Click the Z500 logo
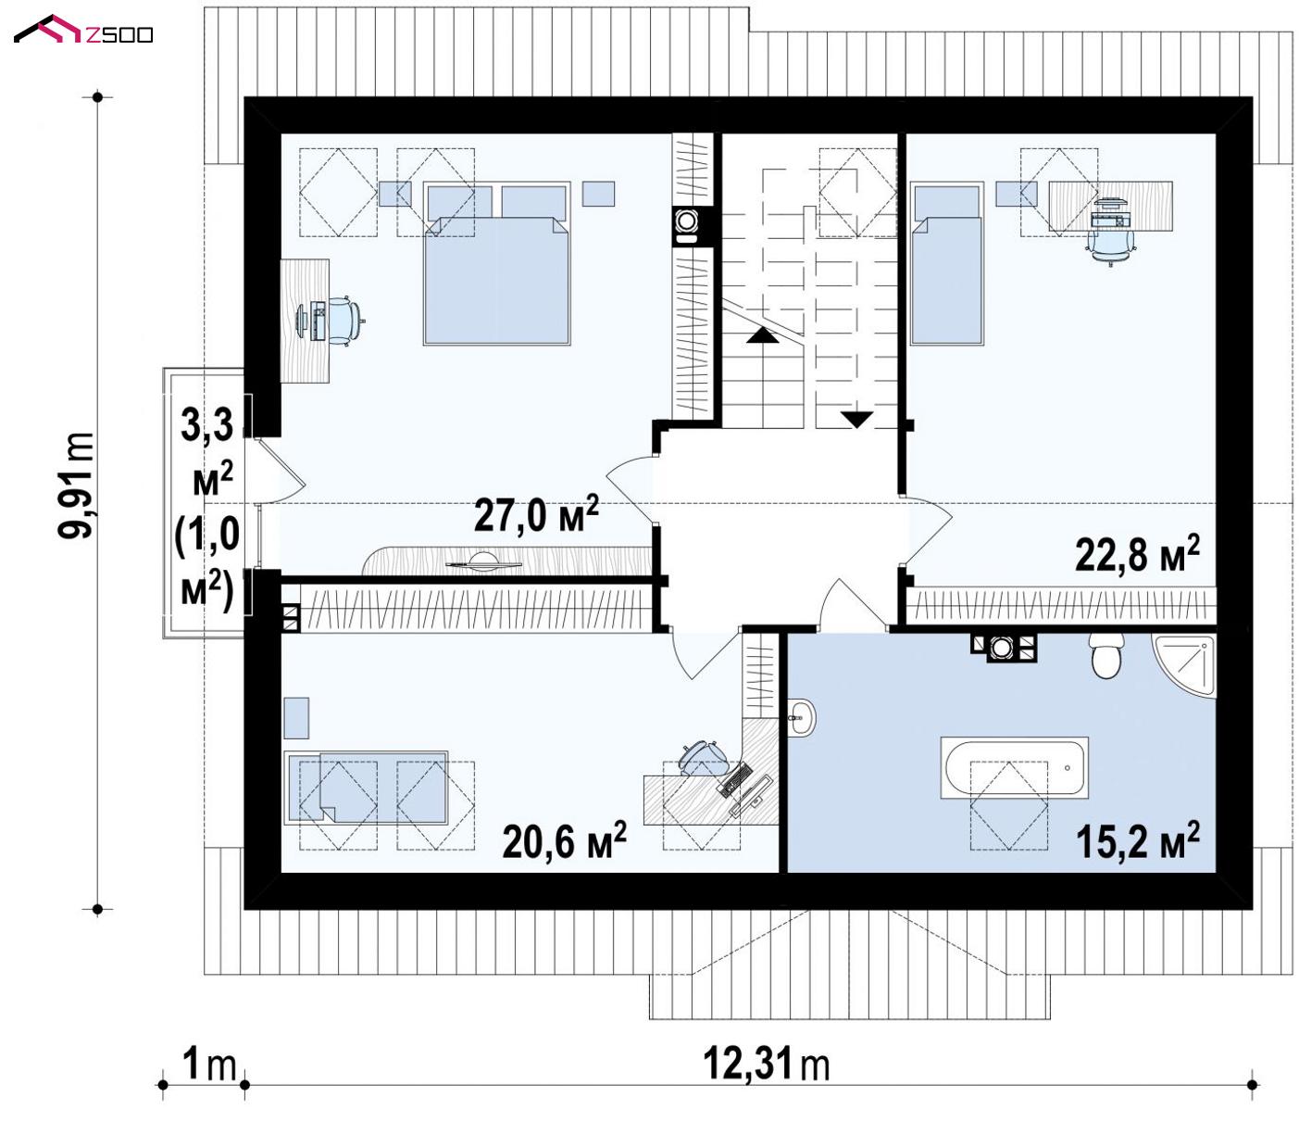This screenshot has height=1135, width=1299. [83, 31]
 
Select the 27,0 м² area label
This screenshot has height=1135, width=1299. [536, 513]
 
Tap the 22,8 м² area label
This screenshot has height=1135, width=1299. [1137, 553]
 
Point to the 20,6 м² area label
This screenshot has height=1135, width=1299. [564, 840]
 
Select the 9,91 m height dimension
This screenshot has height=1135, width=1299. [77, 486]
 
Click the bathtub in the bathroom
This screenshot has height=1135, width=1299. [1014, 766]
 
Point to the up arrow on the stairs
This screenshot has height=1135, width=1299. [763, 336]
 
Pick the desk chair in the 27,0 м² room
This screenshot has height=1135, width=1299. [346, 321]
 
